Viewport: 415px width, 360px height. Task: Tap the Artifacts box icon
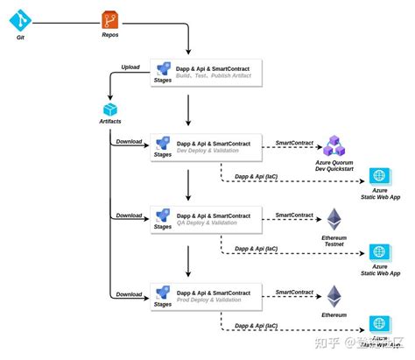tap(110, 109)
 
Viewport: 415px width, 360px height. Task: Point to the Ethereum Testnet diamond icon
tap(335, 220)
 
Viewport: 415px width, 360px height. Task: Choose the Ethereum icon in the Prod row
tap(335, 295)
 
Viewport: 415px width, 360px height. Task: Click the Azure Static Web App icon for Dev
tap(379, 176)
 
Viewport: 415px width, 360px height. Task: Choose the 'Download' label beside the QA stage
tap(129, 215)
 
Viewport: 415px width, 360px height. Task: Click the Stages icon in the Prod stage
tap(163, 293)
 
